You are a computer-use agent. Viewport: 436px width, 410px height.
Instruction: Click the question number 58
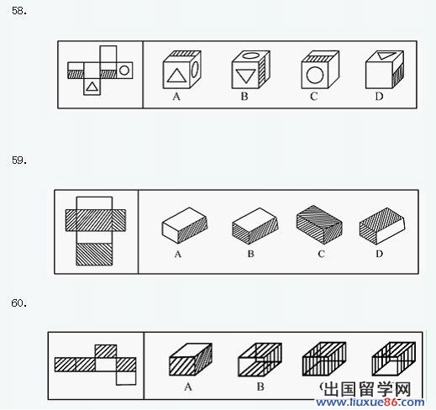coord(19,11)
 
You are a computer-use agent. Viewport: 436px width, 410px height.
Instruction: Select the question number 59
coord(19,160)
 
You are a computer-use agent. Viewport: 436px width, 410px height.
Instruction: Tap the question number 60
coord(19,303)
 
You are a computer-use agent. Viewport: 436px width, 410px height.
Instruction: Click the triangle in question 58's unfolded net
coord(92,86)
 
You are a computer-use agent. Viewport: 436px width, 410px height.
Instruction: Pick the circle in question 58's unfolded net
coord(124,70)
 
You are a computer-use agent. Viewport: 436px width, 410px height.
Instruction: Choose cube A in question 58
coord(181,70)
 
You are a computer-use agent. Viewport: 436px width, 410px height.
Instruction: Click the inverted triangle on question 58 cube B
coord(245,76)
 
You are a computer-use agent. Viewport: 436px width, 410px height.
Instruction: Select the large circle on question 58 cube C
coord(315,75)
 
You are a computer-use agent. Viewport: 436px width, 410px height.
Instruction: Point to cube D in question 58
coord(385,70)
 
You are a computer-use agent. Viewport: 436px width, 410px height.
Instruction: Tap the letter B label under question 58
coord(244,97)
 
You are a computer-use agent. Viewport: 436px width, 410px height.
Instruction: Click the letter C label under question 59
coord(321,254)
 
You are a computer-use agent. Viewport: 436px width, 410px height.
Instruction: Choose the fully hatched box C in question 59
coord(319,224)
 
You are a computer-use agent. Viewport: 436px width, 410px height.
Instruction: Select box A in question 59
coord(185,225)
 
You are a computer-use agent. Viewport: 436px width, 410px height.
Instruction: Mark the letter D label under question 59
coord(379,254)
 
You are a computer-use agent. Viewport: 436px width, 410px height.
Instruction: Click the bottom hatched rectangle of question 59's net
coord(94,254)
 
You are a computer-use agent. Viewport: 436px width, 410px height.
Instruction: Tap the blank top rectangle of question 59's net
coord(94,203)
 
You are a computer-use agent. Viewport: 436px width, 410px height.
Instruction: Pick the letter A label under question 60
coord(188,386)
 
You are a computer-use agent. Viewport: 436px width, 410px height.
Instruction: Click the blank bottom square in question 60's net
coord(126,378)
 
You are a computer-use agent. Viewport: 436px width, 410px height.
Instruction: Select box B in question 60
coord(260,360)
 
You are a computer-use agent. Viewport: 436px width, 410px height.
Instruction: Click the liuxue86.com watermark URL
coord(370,402)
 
